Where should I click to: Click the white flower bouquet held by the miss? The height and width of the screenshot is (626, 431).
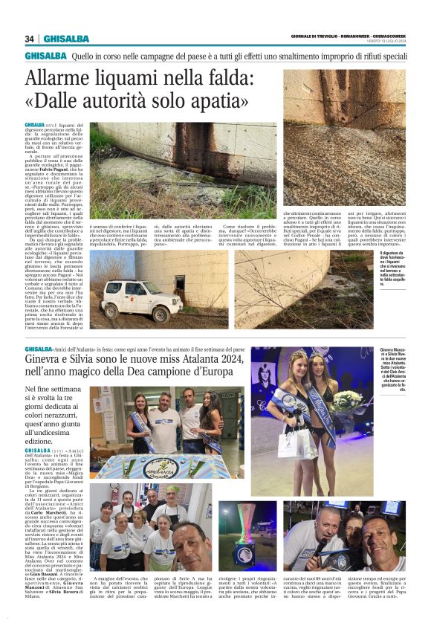pyautogui.click(x=343, y=401)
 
